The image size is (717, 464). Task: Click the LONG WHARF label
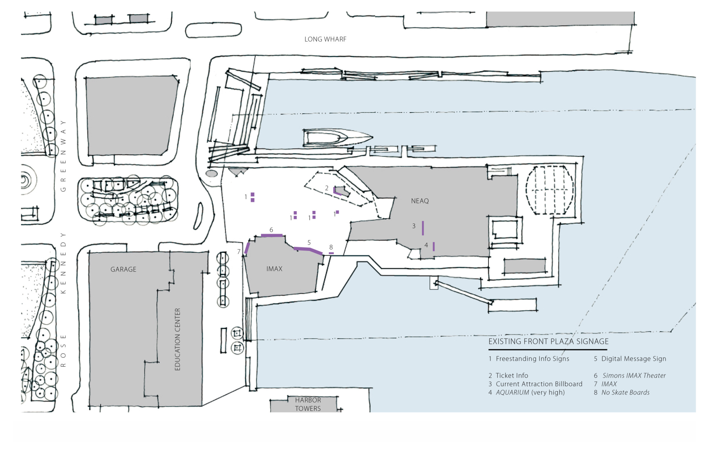pyautogui.click(x=325, y=39)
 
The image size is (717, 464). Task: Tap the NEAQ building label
pyautogui.click(x=420, y=201)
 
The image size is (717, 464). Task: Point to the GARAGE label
pyautogui.click(x=123, y=269)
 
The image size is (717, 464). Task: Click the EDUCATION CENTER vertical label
pyautogui.click(x=177, y=339)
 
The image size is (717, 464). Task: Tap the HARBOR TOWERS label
pyautogui.click(x=308, y=404)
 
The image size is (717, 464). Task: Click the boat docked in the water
pyautogui.click(x=338, y=138)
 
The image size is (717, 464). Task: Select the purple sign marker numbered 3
pyautogui.click(x=423, y=228)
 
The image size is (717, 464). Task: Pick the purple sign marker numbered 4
pyautogui.click(x=434, y=246)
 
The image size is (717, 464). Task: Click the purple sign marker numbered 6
pyautogui.click(x=272, y=235)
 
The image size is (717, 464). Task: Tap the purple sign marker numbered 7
pyautogui.click(x=247, y=248)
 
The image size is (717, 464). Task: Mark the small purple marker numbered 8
pyautogui.click(x=331, y=253)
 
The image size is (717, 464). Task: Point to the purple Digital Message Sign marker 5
pyautogui.click(x=308, y=249)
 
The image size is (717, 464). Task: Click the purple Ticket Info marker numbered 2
pyautogui.click(x=337, y=192)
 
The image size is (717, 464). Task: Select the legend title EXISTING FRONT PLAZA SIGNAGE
pyautogui.click(x=548, y=341)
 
